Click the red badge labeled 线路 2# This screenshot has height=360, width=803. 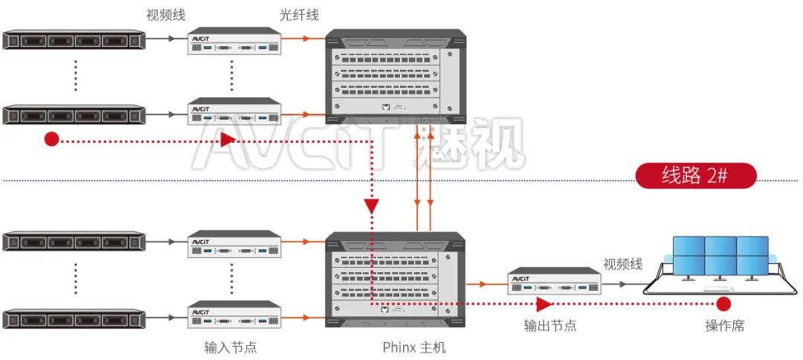pos(696,176)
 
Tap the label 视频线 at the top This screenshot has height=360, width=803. pos(166,14)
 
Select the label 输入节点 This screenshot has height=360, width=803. pos(230,347)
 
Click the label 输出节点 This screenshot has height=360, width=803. pos(550,326)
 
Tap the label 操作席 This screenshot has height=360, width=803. pos(724,326)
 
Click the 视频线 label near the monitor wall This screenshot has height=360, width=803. pos(622,264)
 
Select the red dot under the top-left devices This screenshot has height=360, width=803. pos(51,139)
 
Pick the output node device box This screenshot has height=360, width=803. pos(554,283)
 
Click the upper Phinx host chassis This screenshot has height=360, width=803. pos(396,73)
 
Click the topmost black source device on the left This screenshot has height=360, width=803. pos(73,39)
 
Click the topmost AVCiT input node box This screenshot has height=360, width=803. pos(234,42)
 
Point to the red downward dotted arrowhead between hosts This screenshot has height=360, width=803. pos(371,205)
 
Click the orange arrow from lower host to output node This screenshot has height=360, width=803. pos(486,283)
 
